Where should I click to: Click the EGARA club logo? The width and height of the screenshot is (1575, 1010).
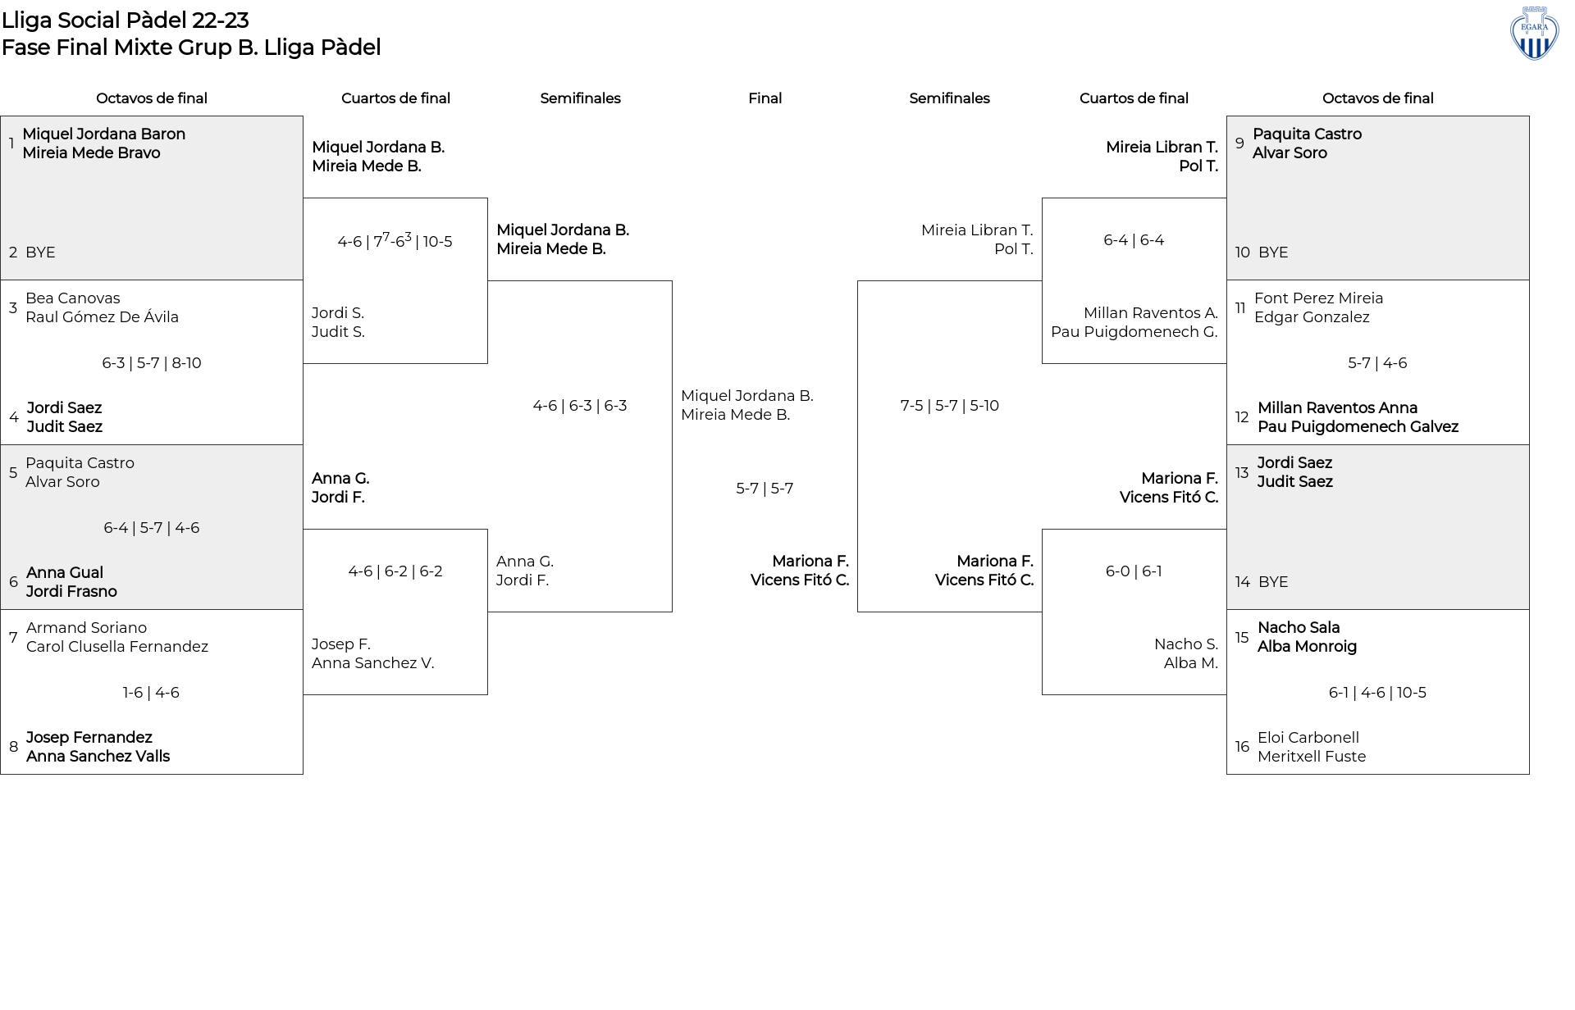[x=1534, y=33]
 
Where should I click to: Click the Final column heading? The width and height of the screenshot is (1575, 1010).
[x=765, y=98]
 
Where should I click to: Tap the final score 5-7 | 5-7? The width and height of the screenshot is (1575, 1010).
[x=765, y=489]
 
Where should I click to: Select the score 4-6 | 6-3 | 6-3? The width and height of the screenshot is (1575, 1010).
[x=580, y=406]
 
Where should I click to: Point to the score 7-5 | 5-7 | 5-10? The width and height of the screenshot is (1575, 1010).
[x=950, y=406]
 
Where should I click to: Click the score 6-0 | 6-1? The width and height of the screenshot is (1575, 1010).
[x=1134, y=571]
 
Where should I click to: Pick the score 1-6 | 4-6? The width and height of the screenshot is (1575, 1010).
[x=151, y=693]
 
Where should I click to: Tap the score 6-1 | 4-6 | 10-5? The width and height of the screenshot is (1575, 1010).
[x=1377, y=693]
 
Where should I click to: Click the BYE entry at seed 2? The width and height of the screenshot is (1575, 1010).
[x=40, y=252]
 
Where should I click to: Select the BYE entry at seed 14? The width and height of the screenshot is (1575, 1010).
[x=1273, y=582]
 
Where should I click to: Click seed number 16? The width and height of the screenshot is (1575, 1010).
[x=1242, y=747]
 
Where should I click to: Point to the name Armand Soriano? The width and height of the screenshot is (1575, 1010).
[x=86, y=628]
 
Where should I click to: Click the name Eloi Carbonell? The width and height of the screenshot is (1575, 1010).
[x=1308, y=738]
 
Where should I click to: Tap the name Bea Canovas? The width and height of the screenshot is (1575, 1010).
[x=73, y=298]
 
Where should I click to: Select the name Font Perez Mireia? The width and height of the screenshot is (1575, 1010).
[x=1318, y=298]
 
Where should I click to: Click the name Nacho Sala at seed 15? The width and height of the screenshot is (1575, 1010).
[x=1299, y=628]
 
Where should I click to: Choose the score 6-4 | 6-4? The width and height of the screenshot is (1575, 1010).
[x=1134, y=240]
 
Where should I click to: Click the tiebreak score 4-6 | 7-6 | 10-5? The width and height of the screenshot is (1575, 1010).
[x=395, y=240]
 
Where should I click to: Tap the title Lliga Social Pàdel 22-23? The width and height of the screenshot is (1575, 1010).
[x=126, y=20]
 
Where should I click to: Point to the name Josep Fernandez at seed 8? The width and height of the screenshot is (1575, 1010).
[x=89, y=738]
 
